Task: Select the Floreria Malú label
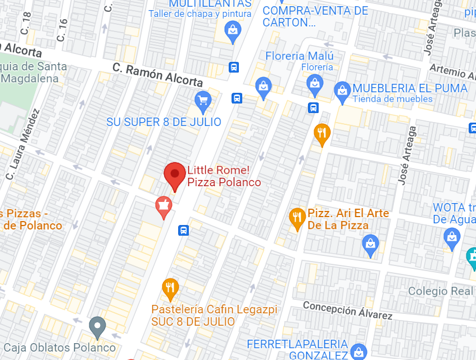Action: (299, 56)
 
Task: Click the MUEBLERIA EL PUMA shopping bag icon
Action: (342, 91)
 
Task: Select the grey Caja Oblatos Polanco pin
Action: (98, 326)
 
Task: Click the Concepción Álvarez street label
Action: (347, 310)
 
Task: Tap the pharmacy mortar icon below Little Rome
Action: (164, 206)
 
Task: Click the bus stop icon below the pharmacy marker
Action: (183, 230)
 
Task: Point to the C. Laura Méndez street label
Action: (23, 144)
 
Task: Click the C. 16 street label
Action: (62, 30)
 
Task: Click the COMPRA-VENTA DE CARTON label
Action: (315, 16)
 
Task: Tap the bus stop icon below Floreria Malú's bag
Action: (314, 107)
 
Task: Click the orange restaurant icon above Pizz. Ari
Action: (321, 133)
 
